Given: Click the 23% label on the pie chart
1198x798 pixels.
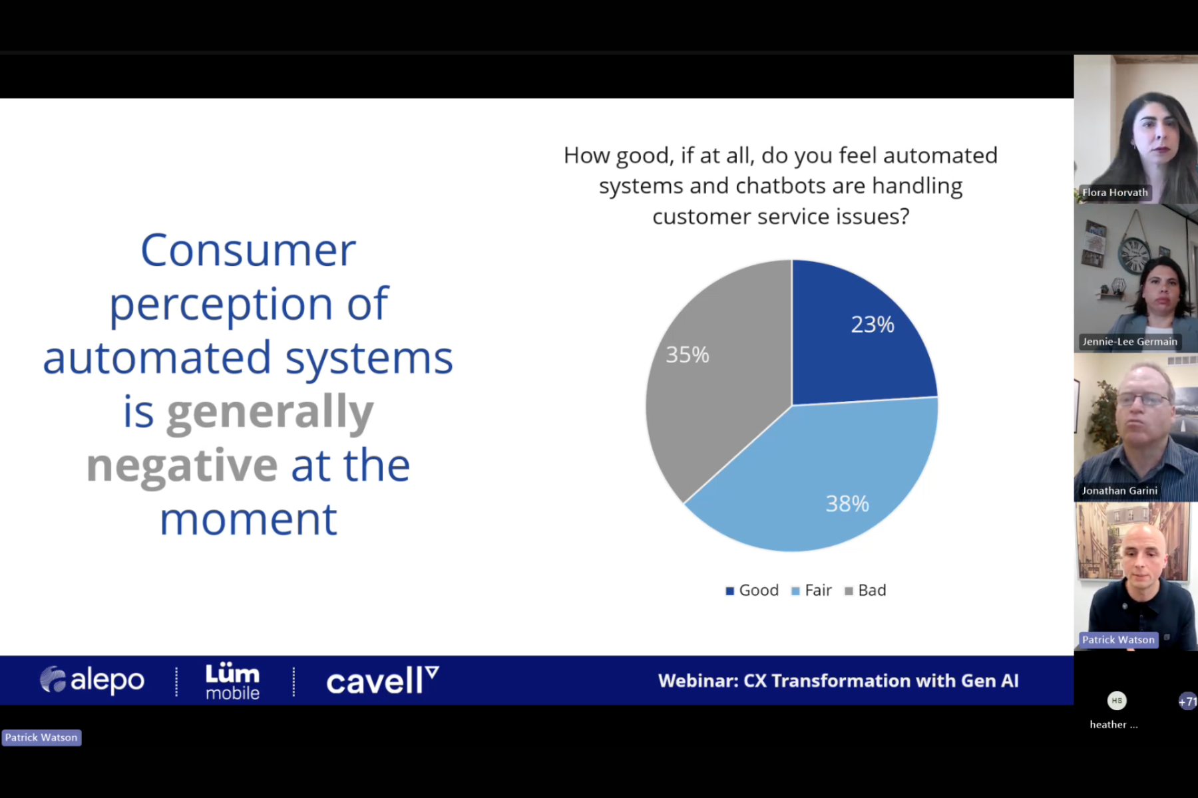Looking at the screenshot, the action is (873, 325).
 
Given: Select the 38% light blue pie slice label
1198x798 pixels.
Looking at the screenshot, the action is (847, 503).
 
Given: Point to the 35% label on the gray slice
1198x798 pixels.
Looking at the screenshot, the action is (688, 354).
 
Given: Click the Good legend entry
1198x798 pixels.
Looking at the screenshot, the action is (752, 591).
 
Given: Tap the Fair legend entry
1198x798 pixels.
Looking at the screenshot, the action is (811, 591).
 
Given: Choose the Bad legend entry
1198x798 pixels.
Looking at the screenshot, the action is (865, 591).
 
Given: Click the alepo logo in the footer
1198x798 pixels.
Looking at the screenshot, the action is (92, 680).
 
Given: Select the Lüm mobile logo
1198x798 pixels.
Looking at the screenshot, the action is (232, 681).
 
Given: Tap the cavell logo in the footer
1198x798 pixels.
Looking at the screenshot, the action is (383, 680).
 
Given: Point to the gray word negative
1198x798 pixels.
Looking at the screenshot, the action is (182, 465).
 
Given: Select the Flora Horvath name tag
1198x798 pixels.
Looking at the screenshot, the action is (1115, 192).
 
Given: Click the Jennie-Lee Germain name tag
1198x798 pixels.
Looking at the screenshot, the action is (1129, 342).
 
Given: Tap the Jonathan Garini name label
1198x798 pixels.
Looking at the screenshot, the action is (1119, 491).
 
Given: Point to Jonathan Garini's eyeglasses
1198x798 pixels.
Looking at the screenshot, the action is (1143, 400).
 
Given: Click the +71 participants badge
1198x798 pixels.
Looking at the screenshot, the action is (1187, 701).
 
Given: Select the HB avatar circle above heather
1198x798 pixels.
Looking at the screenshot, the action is (1117, 700).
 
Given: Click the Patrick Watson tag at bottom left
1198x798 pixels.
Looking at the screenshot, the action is (41, 737).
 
